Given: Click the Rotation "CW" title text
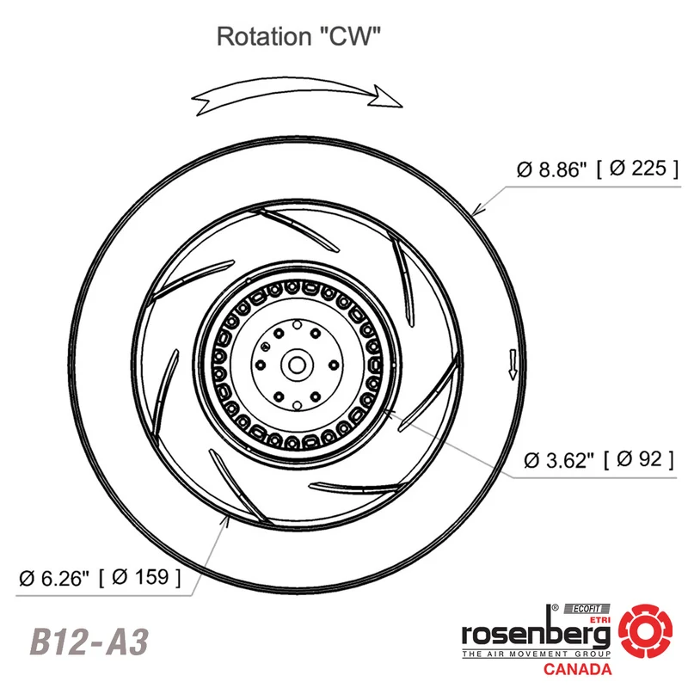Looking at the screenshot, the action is click(x=298, y=36).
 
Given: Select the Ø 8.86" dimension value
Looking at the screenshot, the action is click(x=551, y=169).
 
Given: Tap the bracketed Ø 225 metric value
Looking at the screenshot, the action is click(x=638, y=168).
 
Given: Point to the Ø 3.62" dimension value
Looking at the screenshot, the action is click(x=559, y=460).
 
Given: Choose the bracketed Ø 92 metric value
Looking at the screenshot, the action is click(x=639, y=459).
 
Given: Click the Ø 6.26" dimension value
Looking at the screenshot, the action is click(x=54, y=578).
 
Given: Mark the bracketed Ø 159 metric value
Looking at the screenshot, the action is click(x=140, y=577).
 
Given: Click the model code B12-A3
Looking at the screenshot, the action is click(x=89, y=642).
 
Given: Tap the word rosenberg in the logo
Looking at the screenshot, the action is click(x=536, y=634).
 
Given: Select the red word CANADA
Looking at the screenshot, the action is click(x=577, y=669).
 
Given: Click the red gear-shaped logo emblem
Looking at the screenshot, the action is click(x=646, y=631).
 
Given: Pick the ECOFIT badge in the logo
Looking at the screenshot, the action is click(x=587, y=609).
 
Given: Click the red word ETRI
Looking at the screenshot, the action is click(x=599, y=619).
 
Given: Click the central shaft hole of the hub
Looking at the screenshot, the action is click(x=297, y=365).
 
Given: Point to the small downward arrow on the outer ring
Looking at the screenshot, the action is click(x=512, y=364).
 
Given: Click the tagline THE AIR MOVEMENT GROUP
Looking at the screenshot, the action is click(x=536, y=654).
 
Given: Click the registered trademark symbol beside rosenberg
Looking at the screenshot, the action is click(x=555, y=608).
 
